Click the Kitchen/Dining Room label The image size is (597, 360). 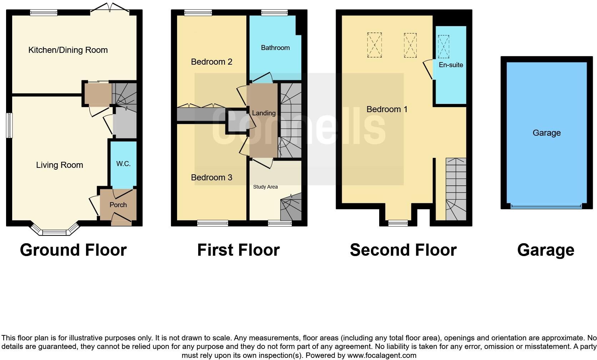click(68, 50)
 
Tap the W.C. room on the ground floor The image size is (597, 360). click(123, 164)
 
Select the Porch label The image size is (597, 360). click(118, 205)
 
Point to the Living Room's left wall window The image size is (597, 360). click(9, 125)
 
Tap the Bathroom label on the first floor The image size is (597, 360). click(275, 48)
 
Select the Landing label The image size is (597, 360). click(264, 113)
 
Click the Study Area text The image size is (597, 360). click(265, 187)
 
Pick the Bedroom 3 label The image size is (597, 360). click(211, 177)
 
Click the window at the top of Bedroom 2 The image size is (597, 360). click(198, 13)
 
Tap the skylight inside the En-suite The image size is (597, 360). click(443, 46)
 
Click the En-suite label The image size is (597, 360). click(451, 65)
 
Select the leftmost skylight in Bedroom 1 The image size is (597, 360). click(374, 45)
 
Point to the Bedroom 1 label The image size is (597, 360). click(387, 109)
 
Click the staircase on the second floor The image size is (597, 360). click(456, 189)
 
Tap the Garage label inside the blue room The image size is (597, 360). click(546, 133)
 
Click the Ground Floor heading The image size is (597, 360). click(73, 250)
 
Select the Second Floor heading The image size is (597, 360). click(403, 250)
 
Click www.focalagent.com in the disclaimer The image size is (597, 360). click(382, 355)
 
